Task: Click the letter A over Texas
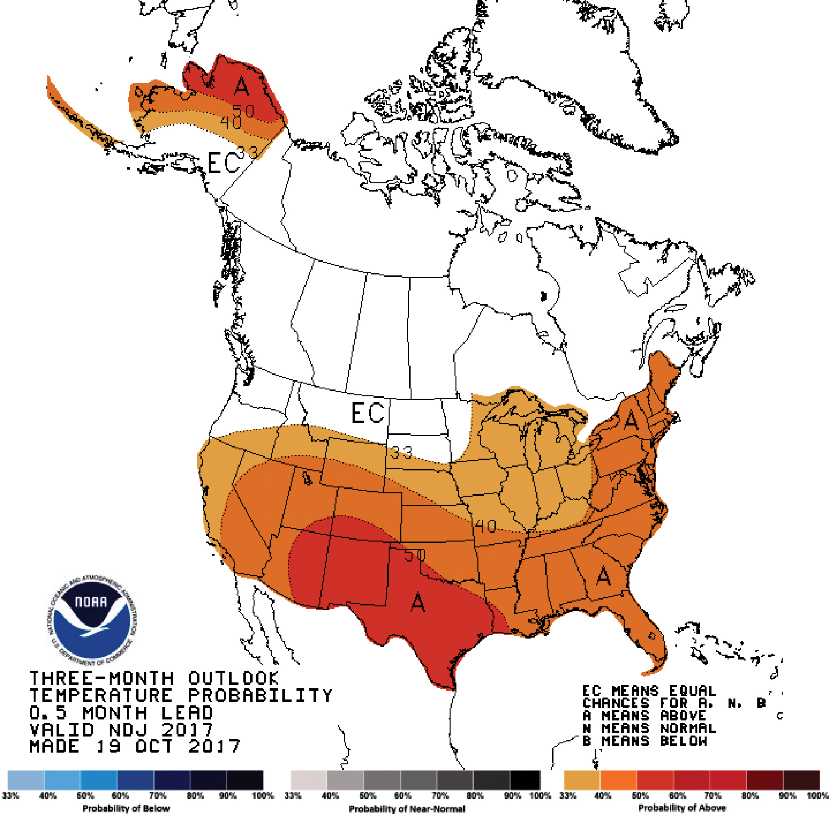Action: click(418, 602)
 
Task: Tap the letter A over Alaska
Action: click(241, 85)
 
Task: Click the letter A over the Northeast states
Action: click(631, 419)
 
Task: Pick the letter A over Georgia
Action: click(604, 577)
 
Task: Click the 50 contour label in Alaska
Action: click(243, 111)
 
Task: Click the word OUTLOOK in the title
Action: click(234, 679)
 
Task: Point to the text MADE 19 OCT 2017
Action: click(135, 746)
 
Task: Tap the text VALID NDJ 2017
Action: click(121, 730)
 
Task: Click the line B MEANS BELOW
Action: click(645, 741)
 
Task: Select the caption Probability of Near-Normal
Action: click(407, 808)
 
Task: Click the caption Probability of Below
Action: click(126, 808)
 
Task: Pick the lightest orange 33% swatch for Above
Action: click(581, 780)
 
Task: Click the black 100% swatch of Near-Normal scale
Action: click(525, 780)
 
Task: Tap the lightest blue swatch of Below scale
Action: click(25, 780)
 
